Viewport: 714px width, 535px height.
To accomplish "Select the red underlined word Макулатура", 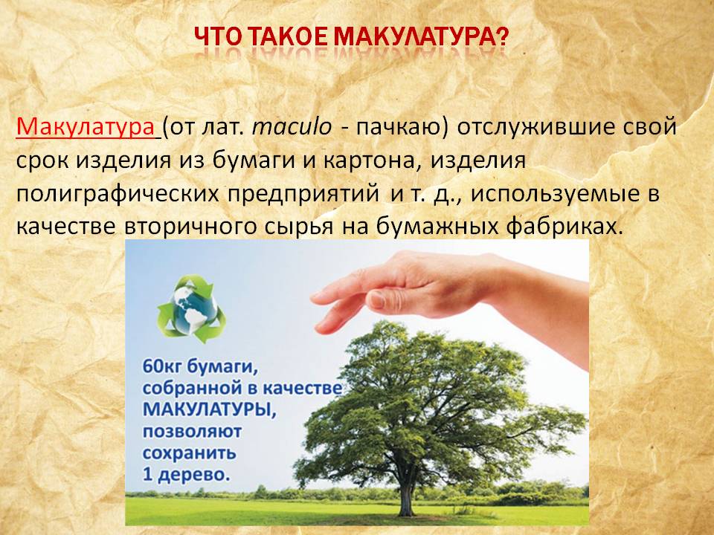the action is tap(86, 127).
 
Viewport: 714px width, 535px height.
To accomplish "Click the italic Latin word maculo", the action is tap(292, 128).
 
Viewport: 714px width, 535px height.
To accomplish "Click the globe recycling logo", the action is tap(192, 307).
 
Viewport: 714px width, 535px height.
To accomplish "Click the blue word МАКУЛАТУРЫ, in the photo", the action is tap(210, 409).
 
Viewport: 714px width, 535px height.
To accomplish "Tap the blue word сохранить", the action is tap(190, 453).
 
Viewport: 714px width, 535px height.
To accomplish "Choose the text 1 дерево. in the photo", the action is tap(186, 475).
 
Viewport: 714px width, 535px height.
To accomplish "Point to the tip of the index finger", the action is tap(314, 297).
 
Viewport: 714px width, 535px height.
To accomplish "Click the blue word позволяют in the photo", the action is tap(192, 431).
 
